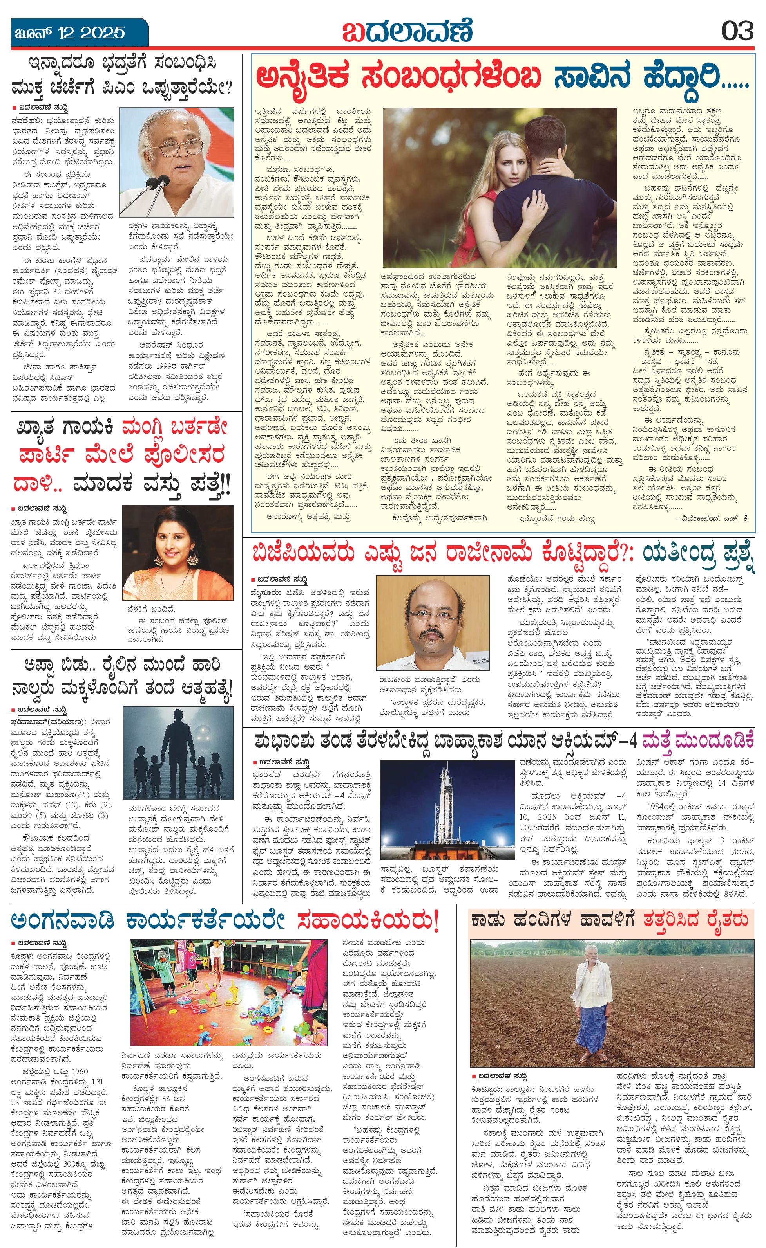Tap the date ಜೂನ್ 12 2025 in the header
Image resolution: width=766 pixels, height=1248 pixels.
click(69, 33)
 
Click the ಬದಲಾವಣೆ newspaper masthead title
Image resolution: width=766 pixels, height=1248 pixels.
click(407, 31)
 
